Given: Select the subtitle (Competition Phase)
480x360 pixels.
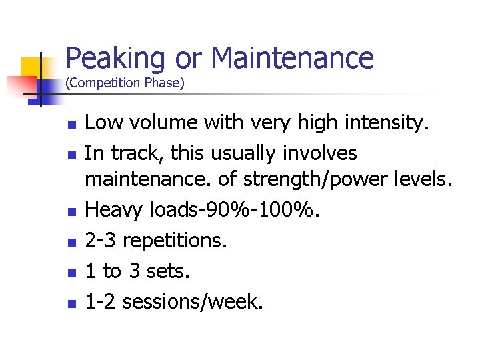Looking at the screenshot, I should point(125,83).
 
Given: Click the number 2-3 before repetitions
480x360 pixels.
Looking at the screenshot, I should point(102,241).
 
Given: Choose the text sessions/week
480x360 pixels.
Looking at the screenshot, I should point(192,302).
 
